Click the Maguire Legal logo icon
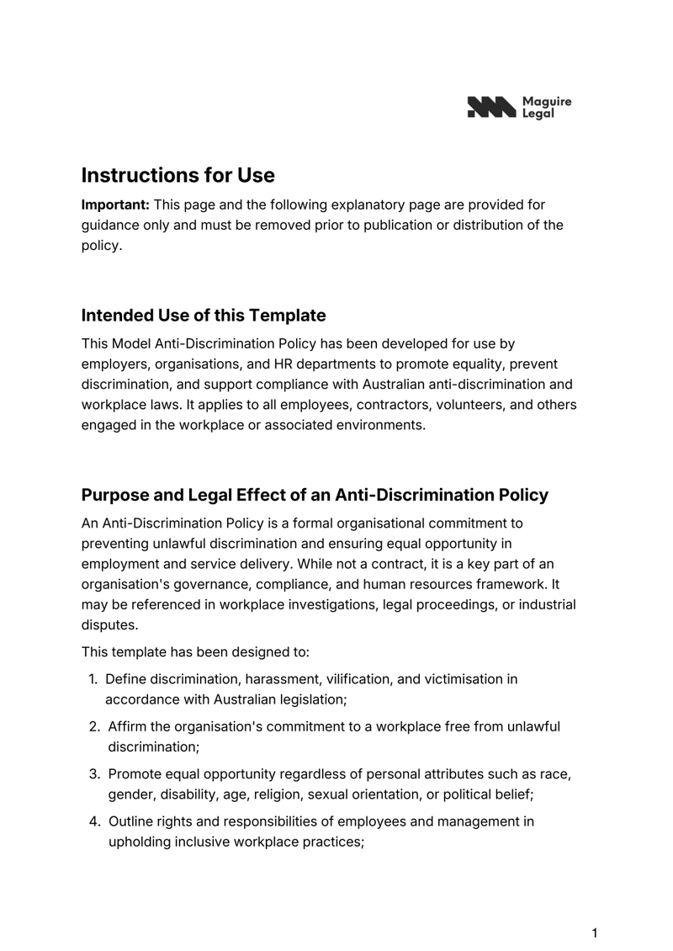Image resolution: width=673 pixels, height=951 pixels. pos(491,107)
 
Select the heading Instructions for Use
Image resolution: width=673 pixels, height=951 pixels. pos(178,175)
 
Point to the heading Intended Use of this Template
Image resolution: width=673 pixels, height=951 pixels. pos(203,316)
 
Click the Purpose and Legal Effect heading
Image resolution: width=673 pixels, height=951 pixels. pos(314,495)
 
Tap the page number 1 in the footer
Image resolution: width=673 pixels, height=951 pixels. pos(595,932)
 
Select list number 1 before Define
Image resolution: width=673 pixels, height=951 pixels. pos(93,679)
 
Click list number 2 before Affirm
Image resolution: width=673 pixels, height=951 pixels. pos(95,726)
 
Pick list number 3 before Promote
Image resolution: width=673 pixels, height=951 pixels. pos(95,774)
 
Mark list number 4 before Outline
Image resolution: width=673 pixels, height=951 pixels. pos(95,821)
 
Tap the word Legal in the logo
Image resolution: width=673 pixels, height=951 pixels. pos(538,113)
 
